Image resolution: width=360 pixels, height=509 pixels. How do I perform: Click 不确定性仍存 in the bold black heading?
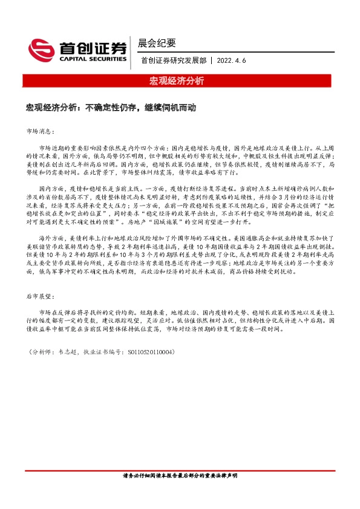point(113,107)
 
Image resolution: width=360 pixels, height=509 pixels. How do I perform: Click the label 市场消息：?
point(41,131)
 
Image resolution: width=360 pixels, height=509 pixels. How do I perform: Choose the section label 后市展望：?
point(41,297)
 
